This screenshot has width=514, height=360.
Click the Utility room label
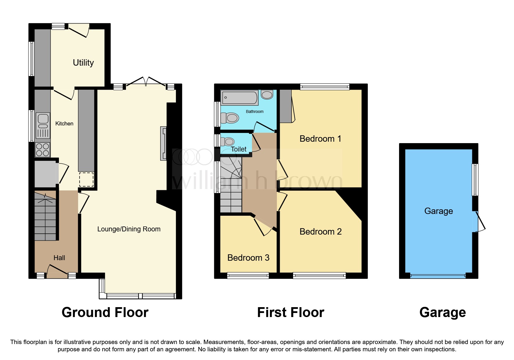[x=83, y=63]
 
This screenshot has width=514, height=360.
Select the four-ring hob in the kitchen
[x=43, y=150]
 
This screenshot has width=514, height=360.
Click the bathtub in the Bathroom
[x=239, y=98]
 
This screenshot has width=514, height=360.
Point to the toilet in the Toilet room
[x=228, y=142]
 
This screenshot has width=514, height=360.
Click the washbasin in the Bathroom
[x=267, y=94]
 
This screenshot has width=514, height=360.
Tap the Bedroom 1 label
[x=320, y=139]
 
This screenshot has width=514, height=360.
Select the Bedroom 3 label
[x=248, y=258]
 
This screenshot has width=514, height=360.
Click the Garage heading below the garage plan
[x=442, y=313]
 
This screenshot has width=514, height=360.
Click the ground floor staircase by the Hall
[x=45, y=216]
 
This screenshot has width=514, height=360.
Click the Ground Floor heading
[x=105, y=313]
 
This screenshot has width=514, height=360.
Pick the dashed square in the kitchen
[x=86, y=179]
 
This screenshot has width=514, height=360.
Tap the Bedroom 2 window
[x=319, y=275]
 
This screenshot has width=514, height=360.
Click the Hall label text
[x=59, y=258]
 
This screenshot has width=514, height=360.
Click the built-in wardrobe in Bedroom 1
[x=286, y=106]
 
